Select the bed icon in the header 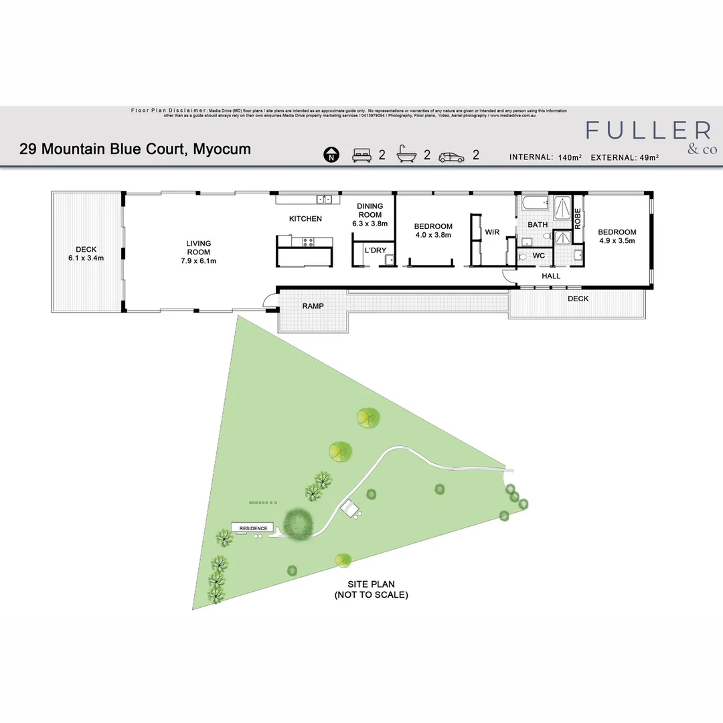coord(361,156)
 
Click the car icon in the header coord(451,157)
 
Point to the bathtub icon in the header coord(406,155)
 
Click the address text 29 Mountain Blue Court coord(135,149)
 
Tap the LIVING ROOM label coord(198,252)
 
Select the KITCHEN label coord(305,219)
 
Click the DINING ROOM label coord(370,215)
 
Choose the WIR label coord(492,232)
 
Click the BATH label coord(538,225)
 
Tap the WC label coord(539,256)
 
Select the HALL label coord(551,276)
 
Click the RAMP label coord(313,307)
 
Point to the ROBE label coord(578,220)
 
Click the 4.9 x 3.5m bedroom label coord(617,236)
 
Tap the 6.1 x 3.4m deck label coord(86,254)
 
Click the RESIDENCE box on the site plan coord(253,528)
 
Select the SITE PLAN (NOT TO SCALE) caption coord(371,590)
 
